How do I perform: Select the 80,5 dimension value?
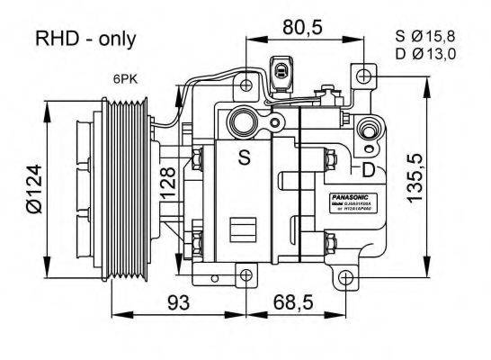301,27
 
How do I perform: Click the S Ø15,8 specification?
425,36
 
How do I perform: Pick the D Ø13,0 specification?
425,54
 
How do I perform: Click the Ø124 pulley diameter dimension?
32,190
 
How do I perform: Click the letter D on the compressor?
368,169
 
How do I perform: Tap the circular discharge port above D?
368,130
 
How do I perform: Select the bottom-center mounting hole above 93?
245,274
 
